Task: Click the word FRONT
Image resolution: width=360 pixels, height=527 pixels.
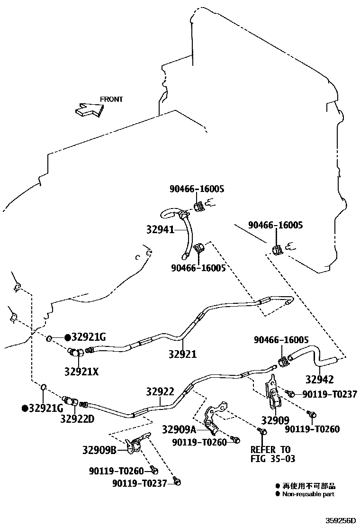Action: [111, 100]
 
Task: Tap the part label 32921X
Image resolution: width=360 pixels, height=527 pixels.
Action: [81, 372]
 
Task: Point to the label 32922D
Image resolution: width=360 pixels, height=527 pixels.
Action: [77, 418]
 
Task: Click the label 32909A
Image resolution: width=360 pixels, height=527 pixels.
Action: [179, 430]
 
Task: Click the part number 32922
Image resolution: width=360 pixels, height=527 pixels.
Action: [160, 392]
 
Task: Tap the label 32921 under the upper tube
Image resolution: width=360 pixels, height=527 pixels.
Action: [182, 354]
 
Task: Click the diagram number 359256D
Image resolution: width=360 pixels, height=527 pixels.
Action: [340, 520]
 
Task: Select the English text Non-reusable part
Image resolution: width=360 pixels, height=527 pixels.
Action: [308, 494]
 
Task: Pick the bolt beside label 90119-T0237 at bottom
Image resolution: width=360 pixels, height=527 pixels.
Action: [177, 482]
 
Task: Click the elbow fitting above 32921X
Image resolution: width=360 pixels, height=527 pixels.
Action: [77, 353]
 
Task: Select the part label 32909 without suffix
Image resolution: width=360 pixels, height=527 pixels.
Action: [275, 420]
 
